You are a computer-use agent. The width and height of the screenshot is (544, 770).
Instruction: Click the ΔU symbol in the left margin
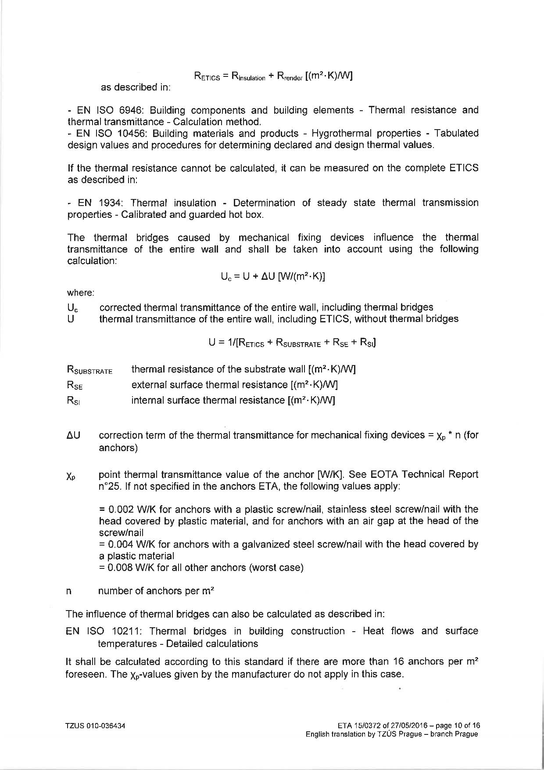point(73,435)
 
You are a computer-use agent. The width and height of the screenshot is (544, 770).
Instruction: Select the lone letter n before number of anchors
point(68,591)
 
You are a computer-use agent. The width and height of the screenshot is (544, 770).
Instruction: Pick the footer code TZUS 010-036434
point(95,726)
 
